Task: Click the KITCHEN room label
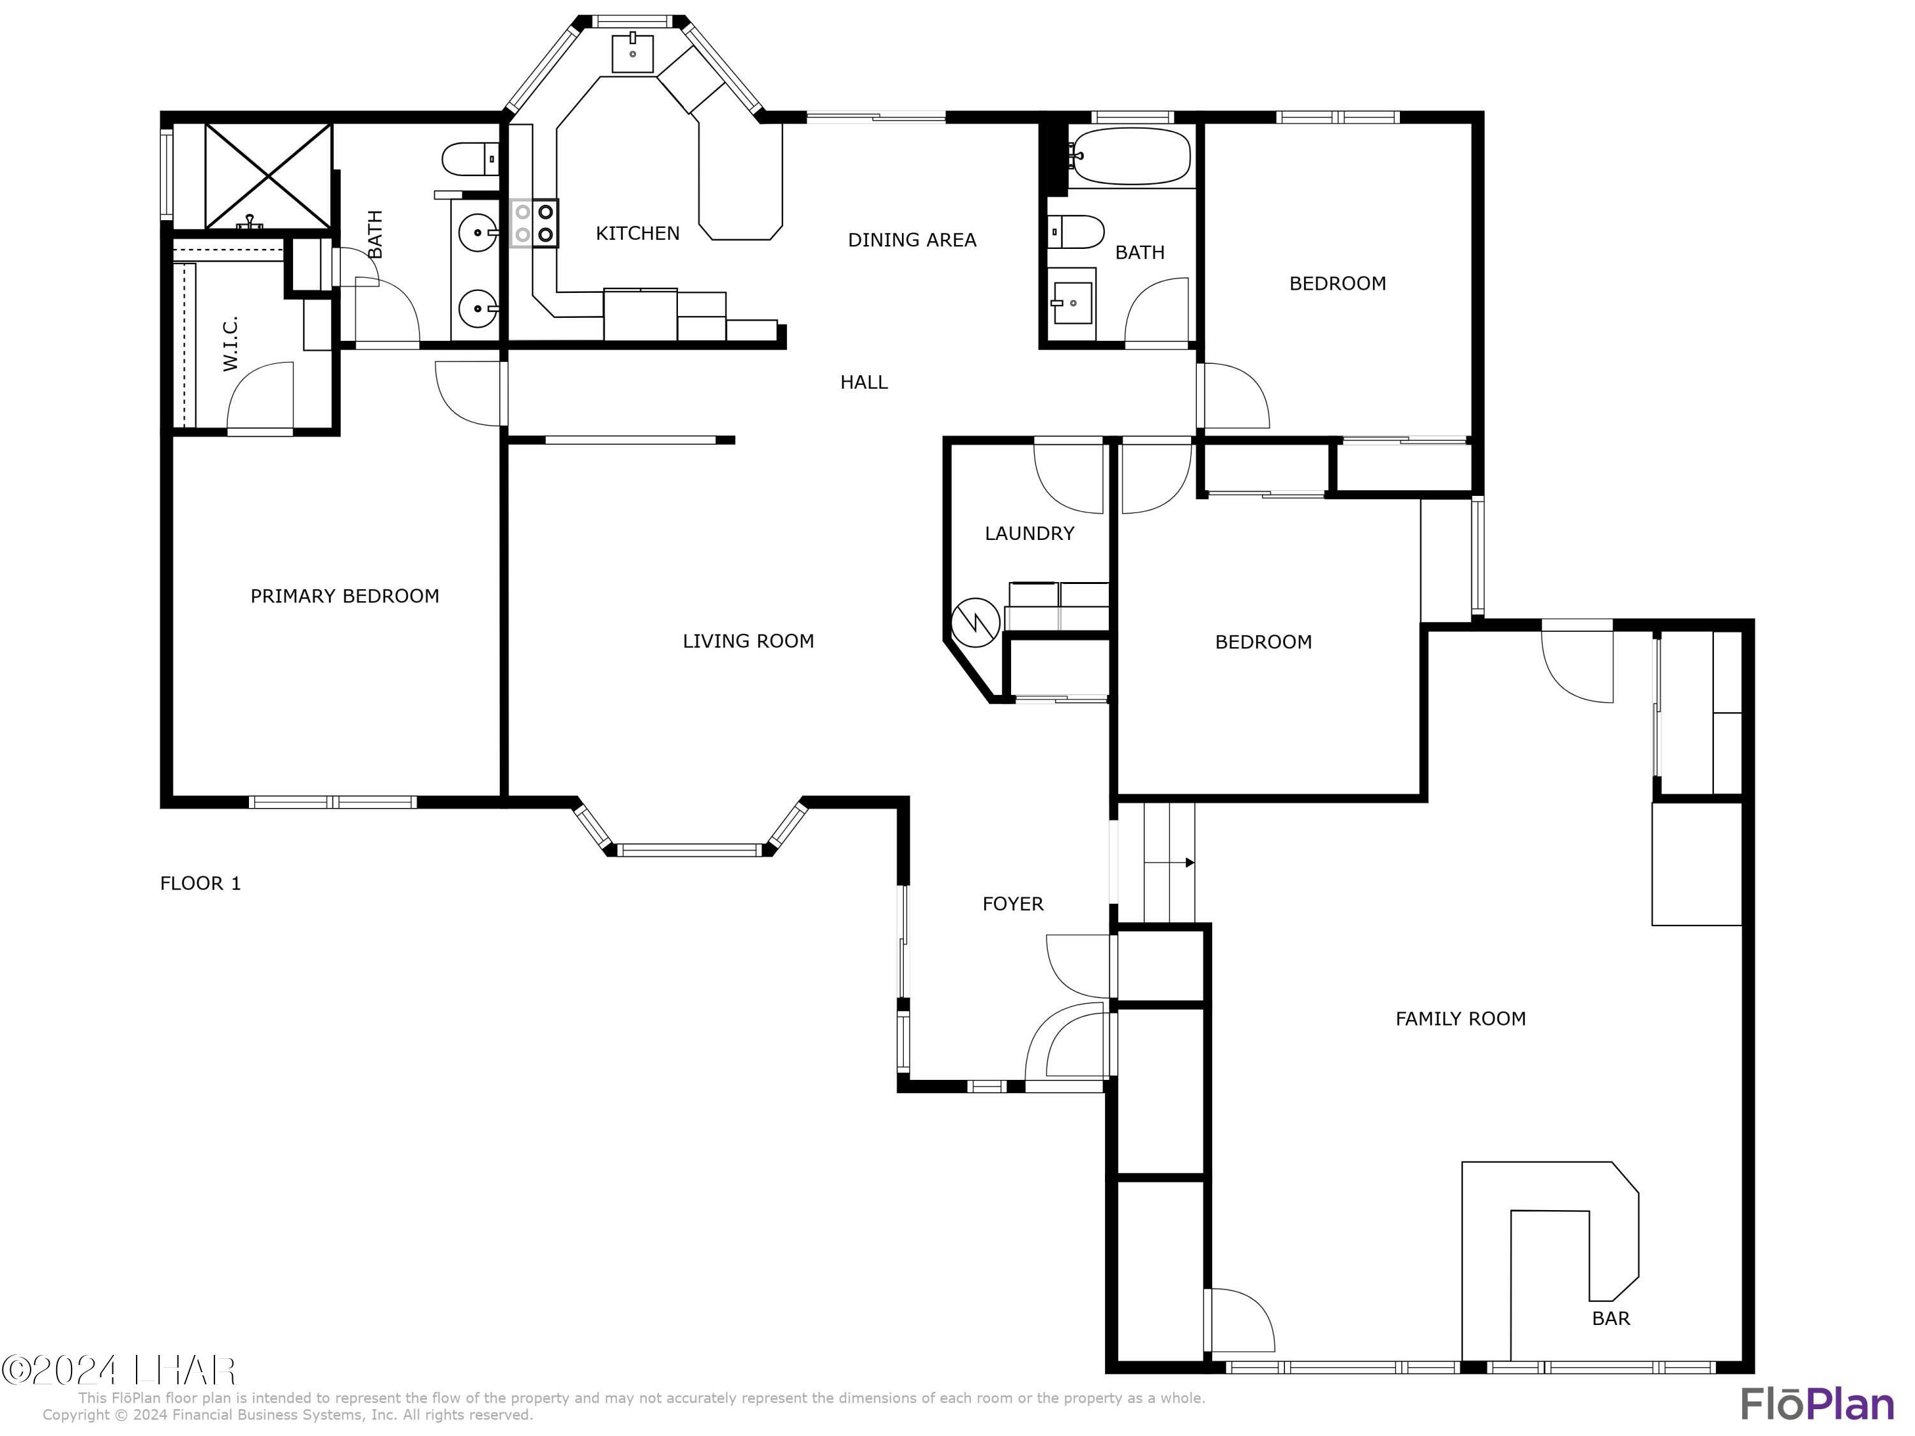click(637, 233)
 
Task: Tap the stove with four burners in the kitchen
click(534, 223)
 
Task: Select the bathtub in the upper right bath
click(1130, 156)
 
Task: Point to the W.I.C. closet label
click(230, 343)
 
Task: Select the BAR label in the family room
click(1611, 1319)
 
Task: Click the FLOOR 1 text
click(200, 883)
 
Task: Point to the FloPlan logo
click(1816, 1404)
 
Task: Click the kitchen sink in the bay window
click(633, 53)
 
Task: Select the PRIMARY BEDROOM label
click(345, 595)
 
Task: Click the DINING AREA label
click(912, 240)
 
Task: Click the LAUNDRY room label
click(1030, 533)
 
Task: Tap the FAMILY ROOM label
click(1461, 1019)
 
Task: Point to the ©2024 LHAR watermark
click(119, 1370)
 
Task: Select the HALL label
click(863, 382)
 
